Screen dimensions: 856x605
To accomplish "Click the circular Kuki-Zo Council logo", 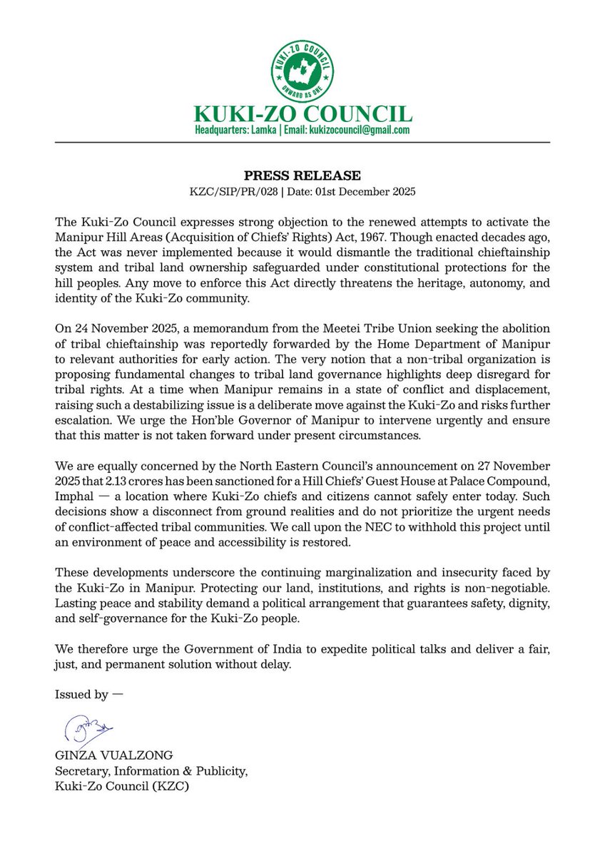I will pyautogui.click(x=302, y=71).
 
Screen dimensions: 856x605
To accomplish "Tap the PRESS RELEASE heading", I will pyautogui.click(x=302, y=175).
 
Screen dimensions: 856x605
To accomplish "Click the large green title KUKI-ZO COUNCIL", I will pyautogui.click(x=302, y=114).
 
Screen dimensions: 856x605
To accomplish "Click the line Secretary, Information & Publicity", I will pyautogui.click(x=151, y=773).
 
